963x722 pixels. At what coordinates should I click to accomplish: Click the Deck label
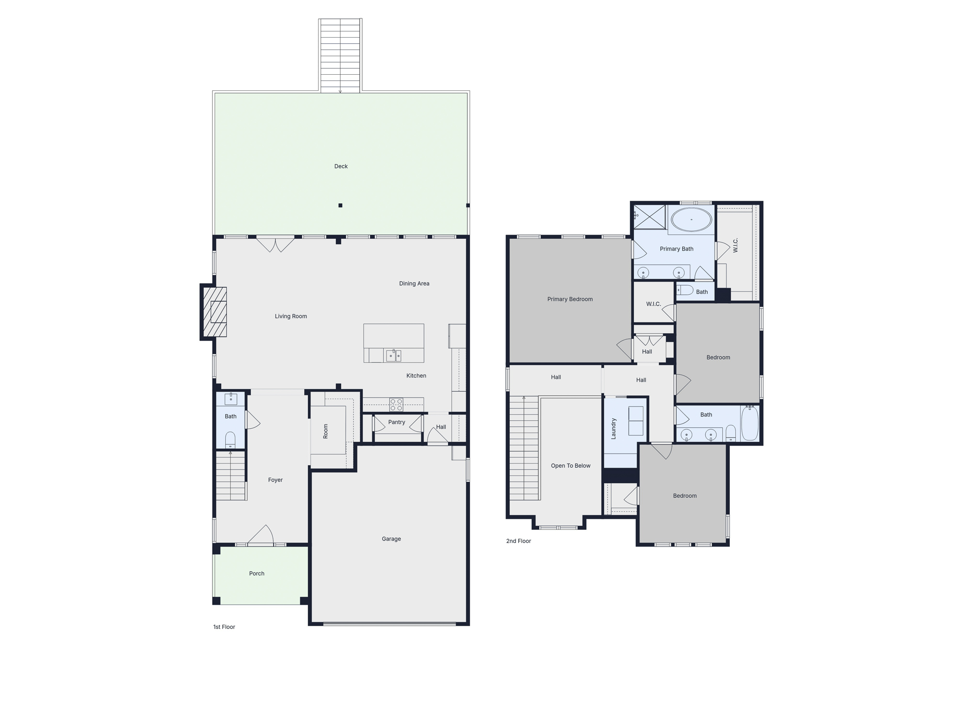point(341,166)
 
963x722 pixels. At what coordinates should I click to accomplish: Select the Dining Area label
point(414,283)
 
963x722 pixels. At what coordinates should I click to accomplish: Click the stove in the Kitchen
point(396,404)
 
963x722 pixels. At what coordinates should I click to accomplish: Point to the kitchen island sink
point(393,356)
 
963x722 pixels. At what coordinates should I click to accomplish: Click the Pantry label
point(396,422)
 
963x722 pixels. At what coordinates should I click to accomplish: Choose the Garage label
point(391,539)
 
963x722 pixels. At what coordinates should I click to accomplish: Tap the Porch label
point(257,573)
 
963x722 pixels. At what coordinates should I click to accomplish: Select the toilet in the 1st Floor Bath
point(230,439)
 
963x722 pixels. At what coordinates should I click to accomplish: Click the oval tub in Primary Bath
point(691,220)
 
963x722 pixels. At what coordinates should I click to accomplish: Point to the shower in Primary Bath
point(649,217)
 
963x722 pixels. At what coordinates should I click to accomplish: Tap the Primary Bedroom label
point(570,299)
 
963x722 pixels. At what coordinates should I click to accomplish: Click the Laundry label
point(613,429)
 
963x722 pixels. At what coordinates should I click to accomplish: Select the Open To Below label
point(570,466)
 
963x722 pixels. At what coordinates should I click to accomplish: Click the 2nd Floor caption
point(518,541)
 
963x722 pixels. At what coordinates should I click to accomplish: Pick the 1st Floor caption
point(224,627)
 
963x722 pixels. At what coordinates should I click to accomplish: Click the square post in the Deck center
point(340,205)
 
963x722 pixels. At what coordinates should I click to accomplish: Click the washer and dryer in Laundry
point(636,421)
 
